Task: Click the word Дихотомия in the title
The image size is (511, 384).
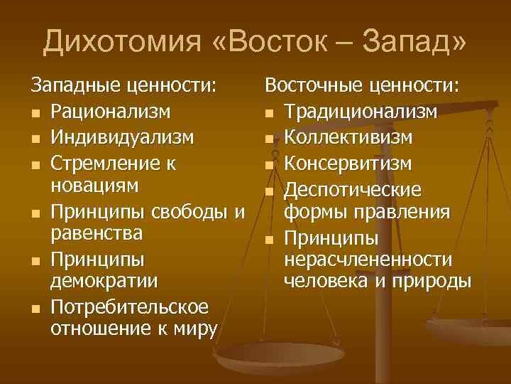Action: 122,41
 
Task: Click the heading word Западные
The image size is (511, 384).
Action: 76,86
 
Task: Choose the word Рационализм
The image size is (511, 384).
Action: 111,112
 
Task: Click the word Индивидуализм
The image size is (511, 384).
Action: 122,137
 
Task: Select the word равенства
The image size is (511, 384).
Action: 97,234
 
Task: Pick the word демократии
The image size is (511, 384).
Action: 104,281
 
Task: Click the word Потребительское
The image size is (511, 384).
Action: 129,308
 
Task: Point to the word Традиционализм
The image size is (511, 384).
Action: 361,112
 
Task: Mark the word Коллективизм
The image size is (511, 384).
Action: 348,137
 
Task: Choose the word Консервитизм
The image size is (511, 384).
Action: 348,164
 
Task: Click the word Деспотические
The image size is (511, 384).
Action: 352,191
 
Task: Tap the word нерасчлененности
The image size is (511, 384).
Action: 368,260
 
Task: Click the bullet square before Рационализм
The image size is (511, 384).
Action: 36,114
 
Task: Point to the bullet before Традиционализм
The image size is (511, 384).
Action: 269,114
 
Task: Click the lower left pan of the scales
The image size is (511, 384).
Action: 279,357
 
